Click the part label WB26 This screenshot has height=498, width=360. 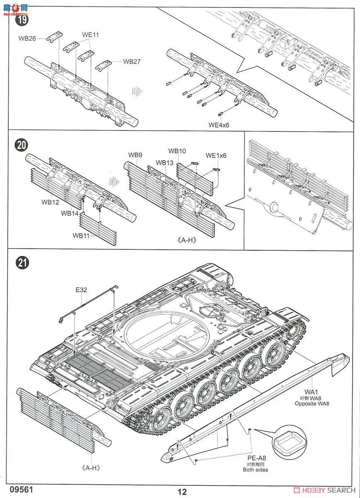coord(27,38)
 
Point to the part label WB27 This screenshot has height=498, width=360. coord(132,61)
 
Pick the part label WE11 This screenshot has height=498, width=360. coord(90,35)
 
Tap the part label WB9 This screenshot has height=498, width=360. coord(135,155)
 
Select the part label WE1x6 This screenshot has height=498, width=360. coord(216,156)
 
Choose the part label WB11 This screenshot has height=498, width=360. coord(82,236)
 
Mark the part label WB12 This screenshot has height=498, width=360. coord(50,203)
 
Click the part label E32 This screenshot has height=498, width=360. coord(81,290)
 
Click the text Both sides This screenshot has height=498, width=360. coord(255,470)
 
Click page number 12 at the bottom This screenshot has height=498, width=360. coord(182,492)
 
